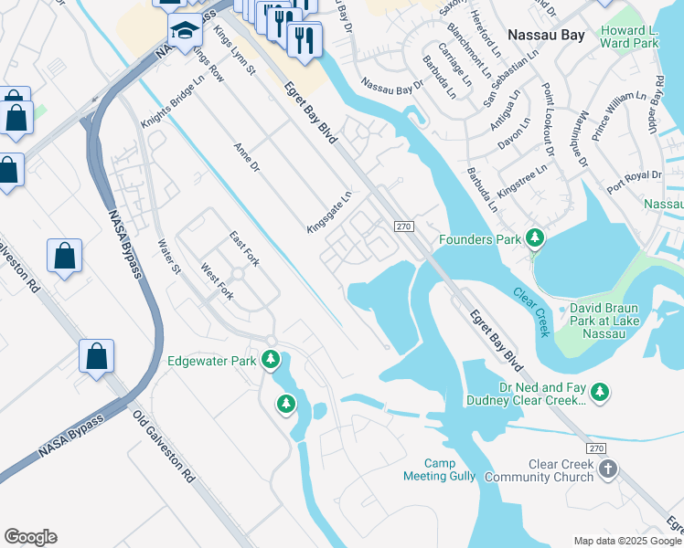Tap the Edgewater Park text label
point(212,361)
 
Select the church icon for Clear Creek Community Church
point(608,469)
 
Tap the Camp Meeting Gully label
point(450,470)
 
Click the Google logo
point(30,536)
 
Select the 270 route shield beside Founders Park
point(405,226)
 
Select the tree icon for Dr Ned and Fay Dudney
point(600,392)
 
